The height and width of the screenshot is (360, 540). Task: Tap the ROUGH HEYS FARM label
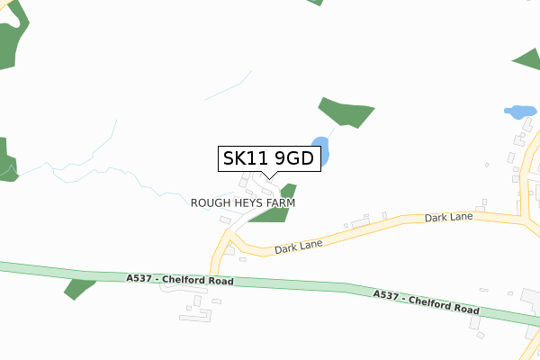pos(243,203)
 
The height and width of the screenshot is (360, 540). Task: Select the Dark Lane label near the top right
pos(448,218)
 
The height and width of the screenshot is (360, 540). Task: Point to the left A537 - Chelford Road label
pos(180,281)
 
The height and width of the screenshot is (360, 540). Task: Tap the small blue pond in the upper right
pos(518,112)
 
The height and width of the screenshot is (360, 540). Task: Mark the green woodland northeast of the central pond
pos(346,112)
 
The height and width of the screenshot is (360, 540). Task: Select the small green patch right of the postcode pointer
pos(288,190)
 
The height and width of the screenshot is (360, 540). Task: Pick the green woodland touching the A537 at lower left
pos(79,289)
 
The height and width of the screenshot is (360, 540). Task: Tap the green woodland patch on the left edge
pos(7,160)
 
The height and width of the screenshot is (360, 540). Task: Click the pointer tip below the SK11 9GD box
pos(267,178)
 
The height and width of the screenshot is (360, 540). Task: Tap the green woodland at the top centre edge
pos(315,2)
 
